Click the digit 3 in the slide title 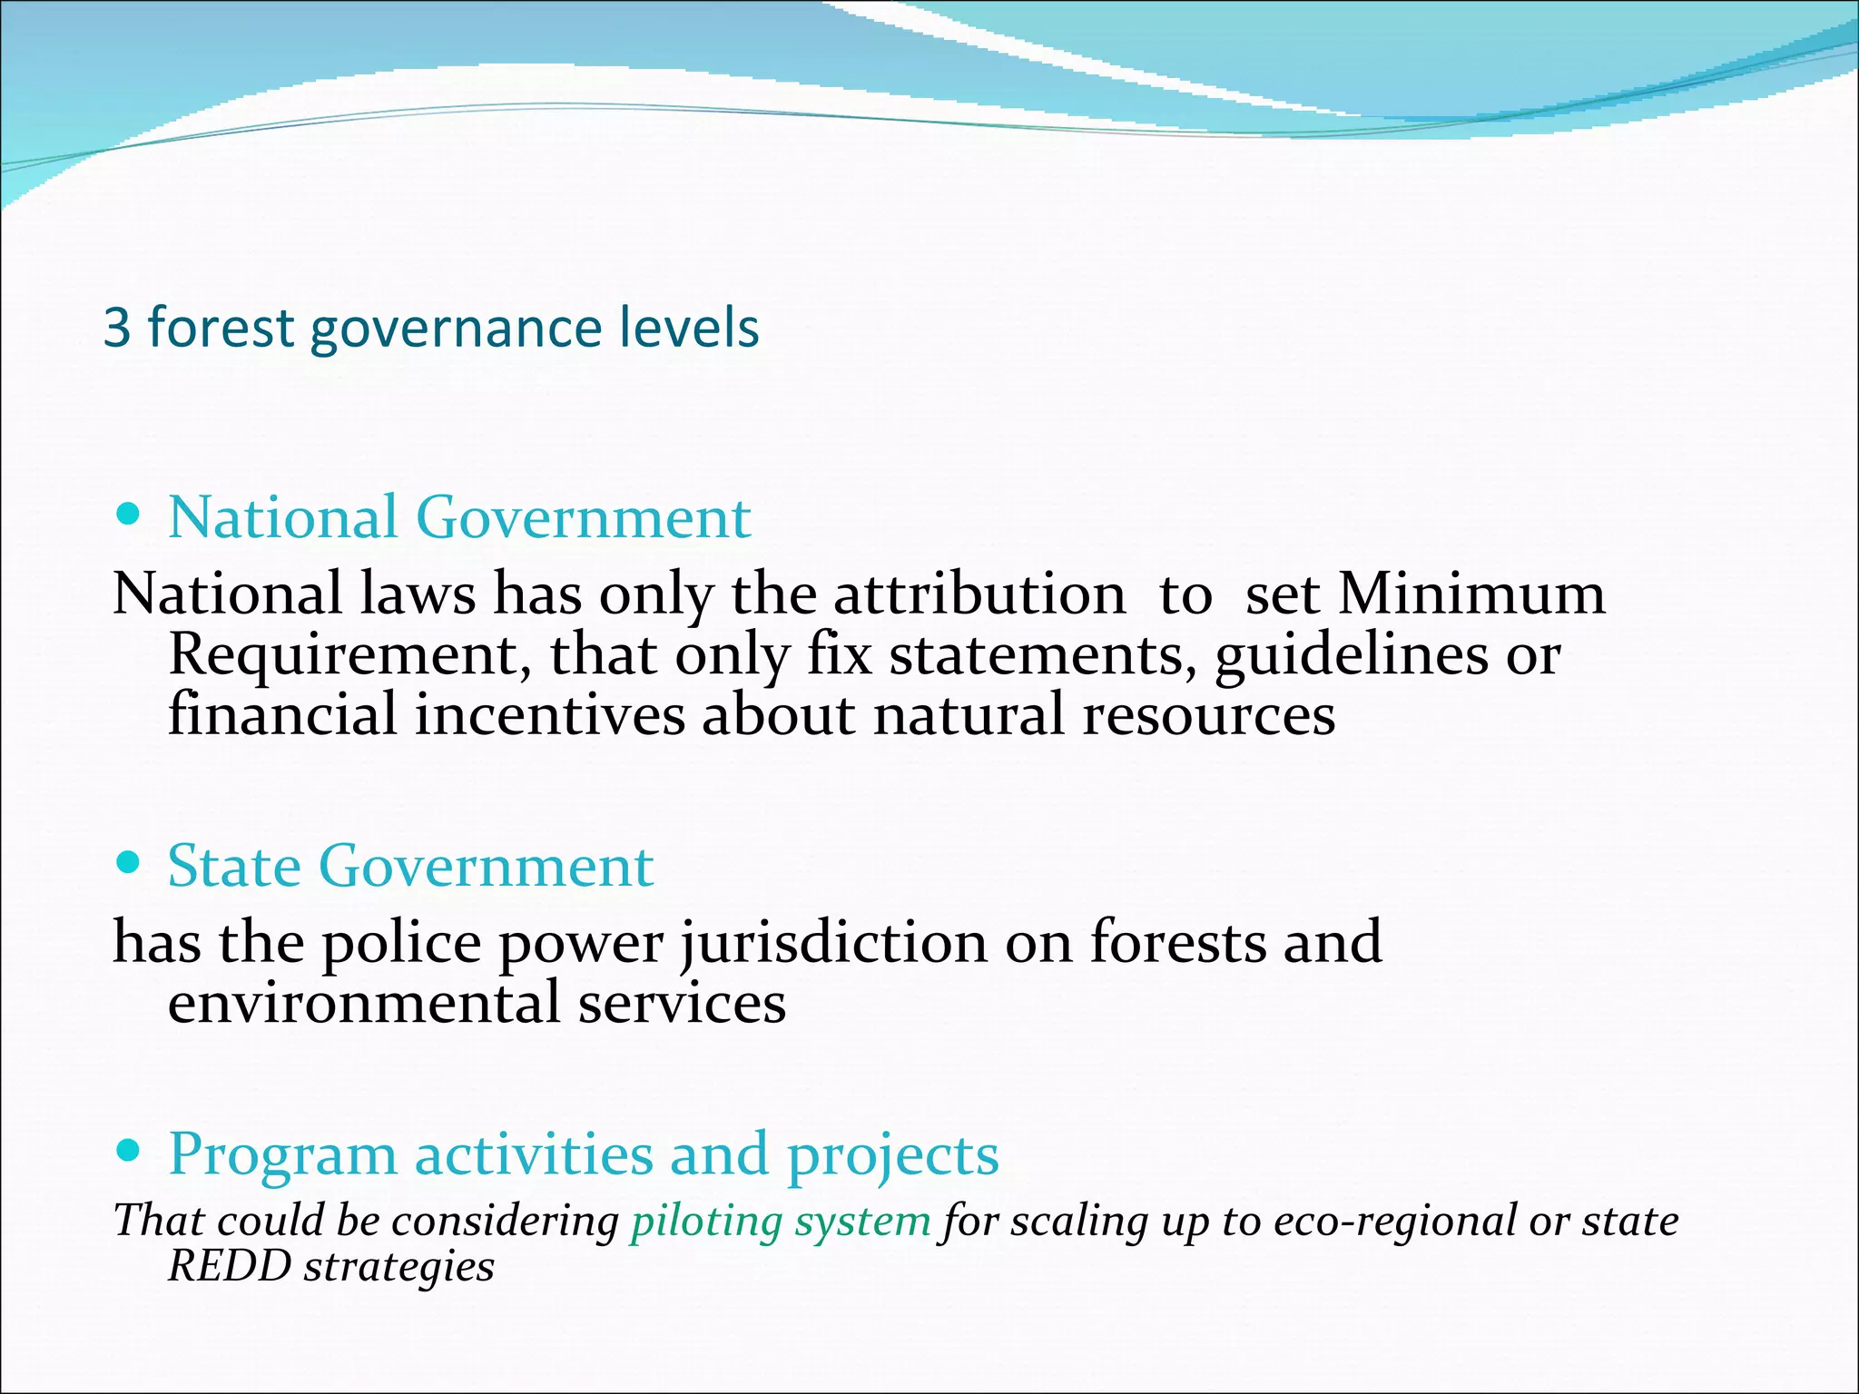click(x=117, y=328)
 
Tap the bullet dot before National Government click(x=130, y=515)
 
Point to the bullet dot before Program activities click(x=130, y=1152)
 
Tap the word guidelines click(x=1351, y=655)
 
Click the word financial click(x=282, y=714)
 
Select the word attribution click(x=979, y=594)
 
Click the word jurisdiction click(x=833, y=943)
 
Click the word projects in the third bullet click(x=892, y=1155)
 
